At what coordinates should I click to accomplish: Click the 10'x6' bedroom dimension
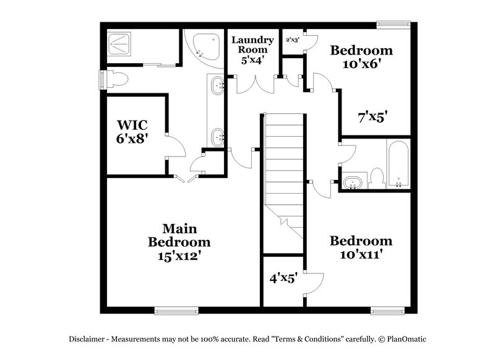[361, 62]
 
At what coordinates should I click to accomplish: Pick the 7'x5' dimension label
[372, 115]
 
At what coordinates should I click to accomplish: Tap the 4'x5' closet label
[283, 278]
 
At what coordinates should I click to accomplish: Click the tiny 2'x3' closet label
[293, 40]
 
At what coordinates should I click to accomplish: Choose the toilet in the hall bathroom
[377, 178]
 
